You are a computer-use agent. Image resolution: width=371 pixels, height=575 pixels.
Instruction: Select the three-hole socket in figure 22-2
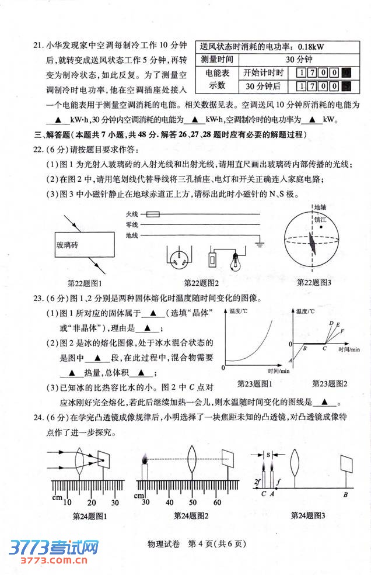[180, 257]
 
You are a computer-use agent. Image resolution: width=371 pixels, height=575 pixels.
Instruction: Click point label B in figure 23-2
[304, 349]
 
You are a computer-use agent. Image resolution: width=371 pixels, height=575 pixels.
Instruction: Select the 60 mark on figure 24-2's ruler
[216, 503]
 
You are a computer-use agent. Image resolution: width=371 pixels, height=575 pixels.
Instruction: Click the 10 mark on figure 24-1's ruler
[67, 503]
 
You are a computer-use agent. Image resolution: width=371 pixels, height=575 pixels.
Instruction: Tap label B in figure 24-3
[346, 495]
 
